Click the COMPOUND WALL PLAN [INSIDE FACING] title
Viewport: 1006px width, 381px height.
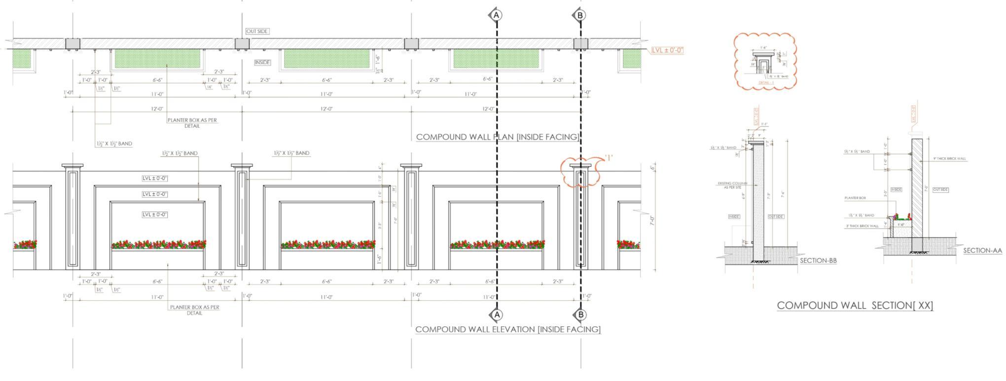[497, 137]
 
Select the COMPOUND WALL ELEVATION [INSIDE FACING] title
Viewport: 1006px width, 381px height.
[508, 329]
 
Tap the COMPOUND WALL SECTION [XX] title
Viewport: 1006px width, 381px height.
[855, 306]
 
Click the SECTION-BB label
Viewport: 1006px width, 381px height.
[818, 261]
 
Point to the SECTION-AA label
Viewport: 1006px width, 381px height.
[982, 250]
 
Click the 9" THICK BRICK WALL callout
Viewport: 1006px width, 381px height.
[949, 159]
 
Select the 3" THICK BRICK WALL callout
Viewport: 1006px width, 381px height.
[862, 226]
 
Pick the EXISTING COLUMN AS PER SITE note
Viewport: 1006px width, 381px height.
[732, 185]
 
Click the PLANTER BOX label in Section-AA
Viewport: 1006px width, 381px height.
[855, 198]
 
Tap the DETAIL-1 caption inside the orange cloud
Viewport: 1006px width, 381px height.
[766, 83]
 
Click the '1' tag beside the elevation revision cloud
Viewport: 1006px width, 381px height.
[608, 158]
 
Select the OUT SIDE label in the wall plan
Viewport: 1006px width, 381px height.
[257, 32]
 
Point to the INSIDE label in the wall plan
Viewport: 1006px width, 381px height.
[262, 63]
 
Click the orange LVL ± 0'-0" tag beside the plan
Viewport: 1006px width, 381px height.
[667, 50]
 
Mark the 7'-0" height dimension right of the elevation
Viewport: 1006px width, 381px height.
[652, 220]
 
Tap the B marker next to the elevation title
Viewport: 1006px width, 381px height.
[580, 314]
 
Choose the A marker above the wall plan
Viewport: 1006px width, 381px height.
[497, 15]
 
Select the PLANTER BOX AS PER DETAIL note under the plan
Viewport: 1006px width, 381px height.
[192, 123]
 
